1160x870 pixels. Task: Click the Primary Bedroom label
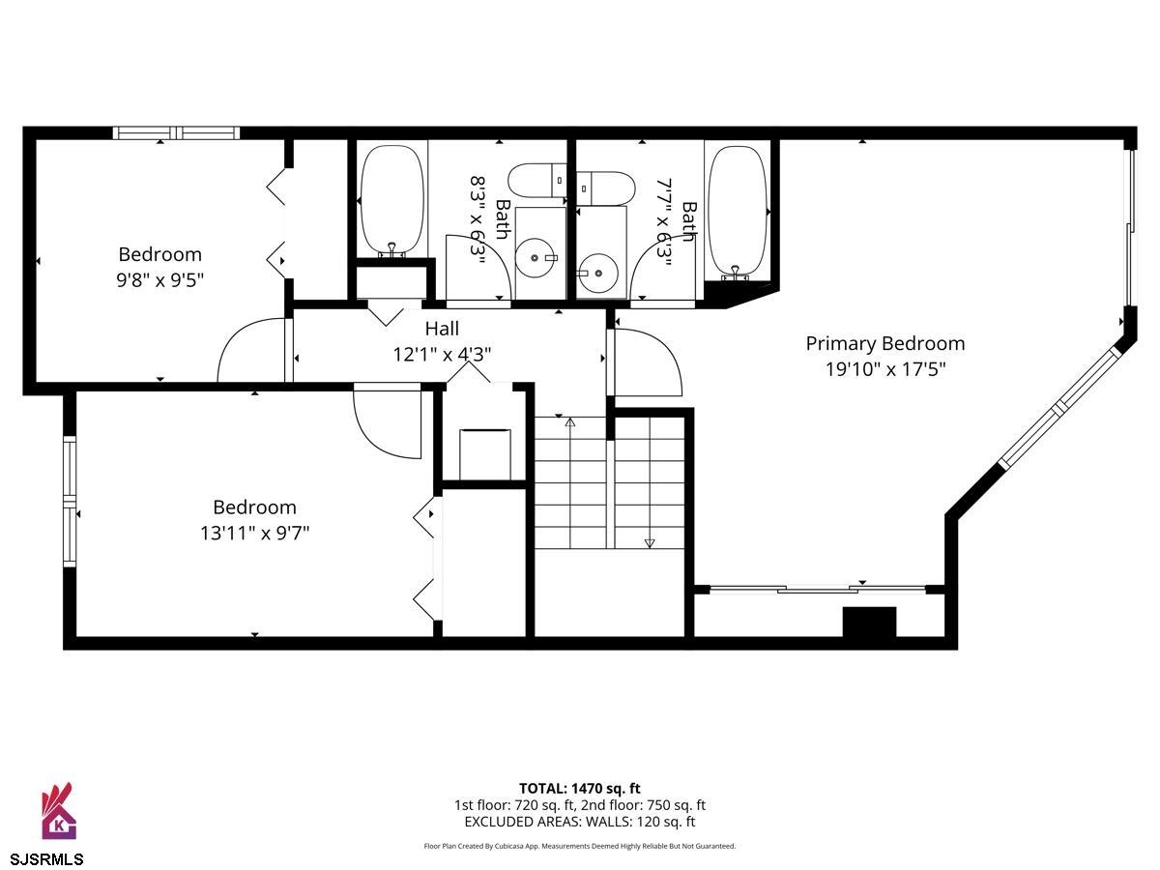(885, 344)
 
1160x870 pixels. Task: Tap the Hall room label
(442, 329)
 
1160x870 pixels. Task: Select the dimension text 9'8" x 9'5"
(160, 280)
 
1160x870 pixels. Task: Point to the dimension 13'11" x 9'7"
(254, 533)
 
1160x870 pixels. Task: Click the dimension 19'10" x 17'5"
(885, 369)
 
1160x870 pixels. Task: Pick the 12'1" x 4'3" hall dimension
(442, 354)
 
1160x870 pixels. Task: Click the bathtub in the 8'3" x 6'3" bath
(391, 201)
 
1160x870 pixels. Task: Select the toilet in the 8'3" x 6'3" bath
(536, 181)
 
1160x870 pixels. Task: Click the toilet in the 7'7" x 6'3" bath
(605, 188)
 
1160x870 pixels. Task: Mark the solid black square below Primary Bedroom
(869, 623)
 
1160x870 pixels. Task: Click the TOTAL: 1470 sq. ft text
(580, 789)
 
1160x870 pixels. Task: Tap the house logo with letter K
(58, 811)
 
